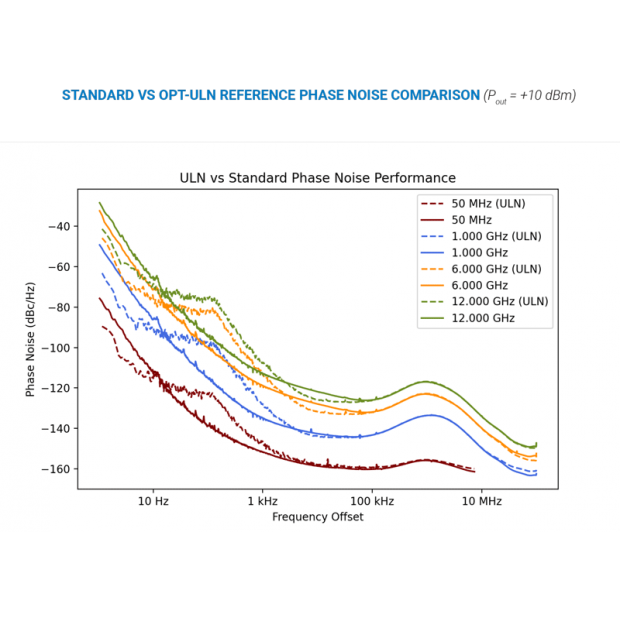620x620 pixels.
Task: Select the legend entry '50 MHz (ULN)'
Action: [487, 204]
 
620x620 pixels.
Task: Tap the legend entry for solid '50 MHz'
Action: [471, 220]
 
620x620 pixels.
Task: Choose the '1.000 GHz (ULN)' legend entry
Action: [496, 236]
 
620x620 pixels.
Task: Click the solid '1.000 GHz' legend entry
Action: [480, 253]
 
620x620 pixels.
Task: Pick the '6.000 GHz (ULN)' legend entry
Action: [496, 269]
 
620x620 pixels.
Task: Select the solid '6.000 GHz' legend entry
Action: [480, 285]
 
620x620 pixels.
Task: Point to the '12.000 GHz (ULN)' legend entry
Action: [499, 301]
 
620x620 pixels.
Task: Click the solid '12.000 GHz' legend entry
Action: [483, 318]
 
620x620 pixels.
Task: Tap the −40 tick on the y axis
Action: [59, 226]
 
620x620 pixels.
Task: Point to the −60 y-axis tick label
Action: [59, 267]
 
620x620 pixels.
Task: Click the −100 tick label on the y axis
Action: [56, 348]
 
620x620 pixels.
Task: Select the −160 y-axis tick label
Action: [56, 469]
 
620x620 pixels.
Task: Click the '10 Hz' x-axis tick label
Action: [153, 501]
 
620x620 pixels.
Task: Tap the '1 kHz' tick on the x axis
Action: [262, 501]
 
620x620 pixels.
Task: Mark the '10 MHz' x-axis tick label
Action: [481, 501]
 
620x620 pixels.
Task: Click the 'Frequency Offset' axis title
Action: [317, 517]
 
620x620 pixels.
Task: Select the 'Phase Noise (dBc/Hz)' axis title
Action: [31, 338]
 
